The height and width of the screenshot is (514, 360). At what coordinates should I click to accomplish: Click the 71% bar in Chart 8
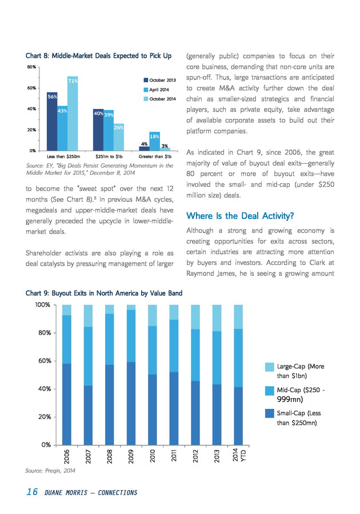click(73, 114)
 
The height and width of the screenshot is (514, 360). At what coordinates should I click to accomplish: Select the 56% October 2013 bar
click(52, 121)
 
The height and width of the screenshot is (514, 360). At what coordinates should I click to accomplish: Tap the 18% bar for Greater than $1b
click(154, 141)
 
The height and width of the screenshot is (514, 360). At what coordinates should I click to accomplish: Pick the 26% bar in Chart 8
click(119, 137)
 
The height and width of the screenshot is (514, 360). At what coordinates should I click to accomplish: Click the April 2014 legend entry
click(157, 90)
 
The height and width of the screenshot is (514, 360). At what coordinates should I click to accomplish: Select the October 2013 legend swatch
click(146, 80)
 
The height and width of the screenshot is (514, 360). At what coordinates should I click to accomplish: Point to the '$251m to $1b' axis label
click(109, 156)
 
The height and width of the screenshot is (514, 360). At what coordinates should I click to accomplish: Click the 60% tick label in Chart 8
click(31, 88)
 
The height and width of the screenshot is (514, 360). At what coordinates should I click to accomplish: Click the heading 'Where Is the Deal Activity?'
click(240, 216)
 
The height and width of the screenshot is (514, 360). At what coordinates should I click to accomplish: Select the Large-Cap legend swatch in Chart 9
click(270, 367)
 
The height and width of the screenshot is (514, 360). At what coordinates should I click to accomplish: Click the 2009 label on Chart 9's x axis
click(131, 456)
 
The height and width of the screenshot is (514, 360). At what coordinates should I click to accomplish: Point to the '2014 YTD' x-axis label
click(239, 455)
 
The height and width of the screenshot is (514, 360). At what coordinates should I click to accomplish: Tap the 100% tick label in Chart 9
click(43, 305)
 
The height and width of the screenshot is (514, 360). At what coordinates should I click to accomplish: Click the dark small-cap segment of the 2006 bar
click(66, 404)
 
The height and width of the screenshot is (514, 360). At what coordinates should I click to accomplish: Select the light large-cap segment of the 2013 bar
click(217, 318)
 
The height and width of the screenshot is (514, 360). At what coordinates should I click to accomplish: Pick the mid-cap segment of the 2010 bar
click(153, 350)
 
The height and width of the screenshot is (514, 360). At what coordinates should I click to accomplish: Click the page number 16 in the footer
click(32, 492)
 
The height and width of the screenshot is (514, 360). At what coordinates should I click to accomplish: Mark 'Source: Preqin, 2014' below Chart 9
click(50, 471)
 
